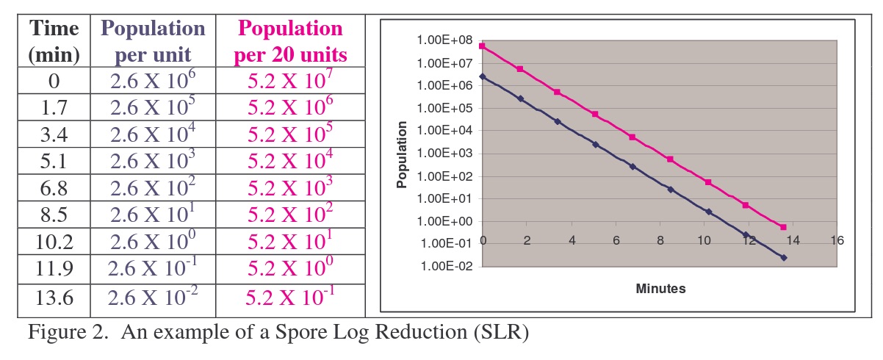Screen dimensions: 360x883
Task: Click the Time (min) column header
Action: (53, 41)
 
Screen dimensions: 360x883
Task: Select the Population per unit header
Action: (153, 41)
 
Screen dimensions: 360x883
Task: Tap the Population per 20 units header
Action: (291, 41)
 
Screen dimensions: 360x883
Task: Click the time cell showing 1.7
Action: (53, 107)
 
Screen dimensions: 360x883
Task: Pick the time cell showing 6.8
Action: (53, 188)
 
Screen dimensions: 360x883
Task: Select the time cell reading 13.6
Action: (53, 296)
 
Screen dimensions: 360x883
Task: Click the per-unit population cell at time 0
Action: (153, 81)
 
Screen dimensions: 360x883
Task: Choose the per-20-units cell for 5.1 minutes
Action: (291, 162)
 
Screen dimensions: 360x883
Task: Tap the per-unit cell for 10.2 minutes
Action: (153, 242)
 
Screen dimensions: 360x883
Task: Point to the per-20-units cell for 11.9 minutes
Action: (291, 269)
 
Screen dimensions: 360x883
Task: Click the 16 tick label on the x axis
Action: (837, 240)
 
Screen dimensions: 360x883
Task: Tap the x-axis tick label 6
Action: (616, 240)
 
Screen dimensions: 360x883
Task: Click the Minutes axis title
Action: (660, 289)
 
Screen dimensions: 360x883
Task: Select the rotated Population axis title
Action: (402, 154)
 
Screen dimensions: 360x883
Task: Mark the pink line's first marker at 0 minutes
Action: (483, 46)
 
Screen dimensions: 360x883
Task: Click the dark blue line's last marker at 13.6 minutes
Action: (784, 258)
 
